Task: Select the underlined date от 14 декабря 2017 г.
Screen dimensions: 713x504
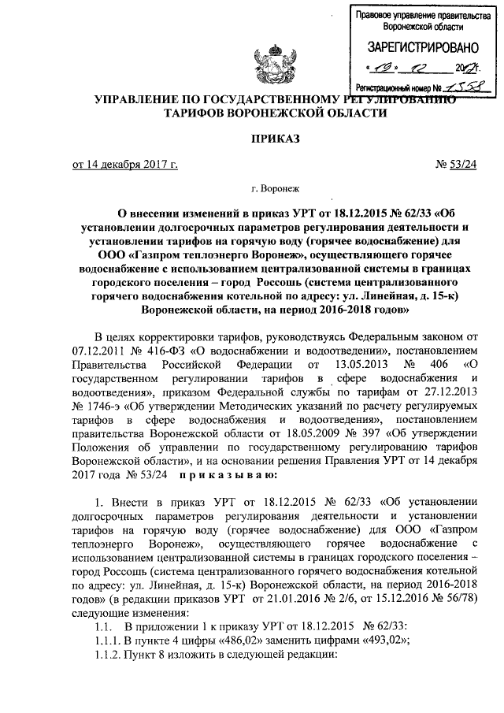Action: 125,164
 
